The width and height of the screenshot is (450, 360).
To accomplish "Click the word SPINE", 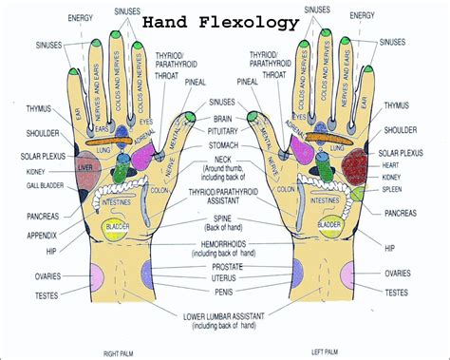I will pyautogui.click(x=225, y=218).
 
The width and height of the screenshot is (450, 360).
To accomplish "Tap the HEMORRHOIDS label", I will pyautogui.click(x=225, y=244).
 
